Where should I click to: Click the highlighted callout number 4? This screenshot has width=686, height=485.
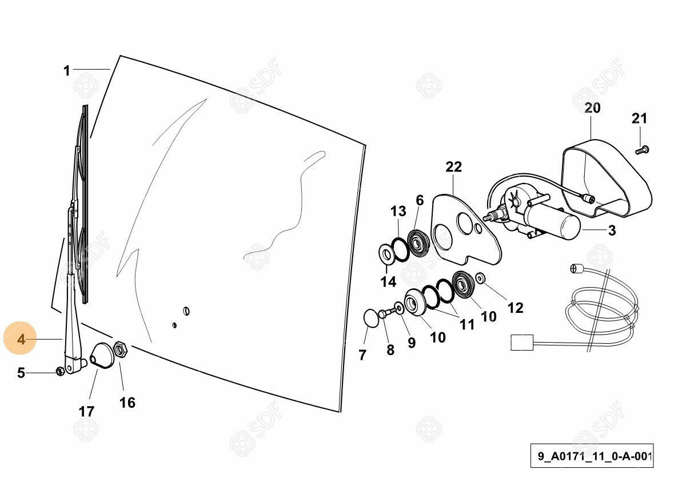point(21,340)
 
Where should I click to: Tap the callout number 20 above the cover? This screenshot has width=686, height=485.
point(592,108)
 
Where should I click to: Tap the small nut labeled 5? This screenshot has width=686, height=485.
point(60,371)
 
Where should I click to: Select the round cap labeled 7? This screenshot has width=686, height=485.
point(372,319)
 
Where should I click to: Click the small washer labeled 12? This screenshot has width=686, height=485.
point(480,278)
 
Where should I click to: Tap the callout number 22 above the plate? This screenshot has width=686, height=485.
point(453,167)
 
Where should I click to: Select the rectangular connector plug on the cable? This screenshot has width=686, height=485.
point(522,343)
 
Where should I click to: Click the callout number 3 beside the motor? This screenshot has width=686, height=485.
point(612,230)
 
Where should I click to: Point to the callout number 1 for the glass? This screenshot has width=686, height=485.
point(67,71)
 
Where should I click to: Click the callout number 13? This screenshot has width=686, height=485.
point(398,211)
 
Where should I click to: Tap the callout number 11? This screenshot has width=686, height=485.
point(467,324)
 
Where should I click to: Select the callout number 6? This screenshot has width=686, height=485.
point(420,200)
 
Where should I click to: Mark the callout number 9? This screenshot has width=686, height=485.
point(411,343)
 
